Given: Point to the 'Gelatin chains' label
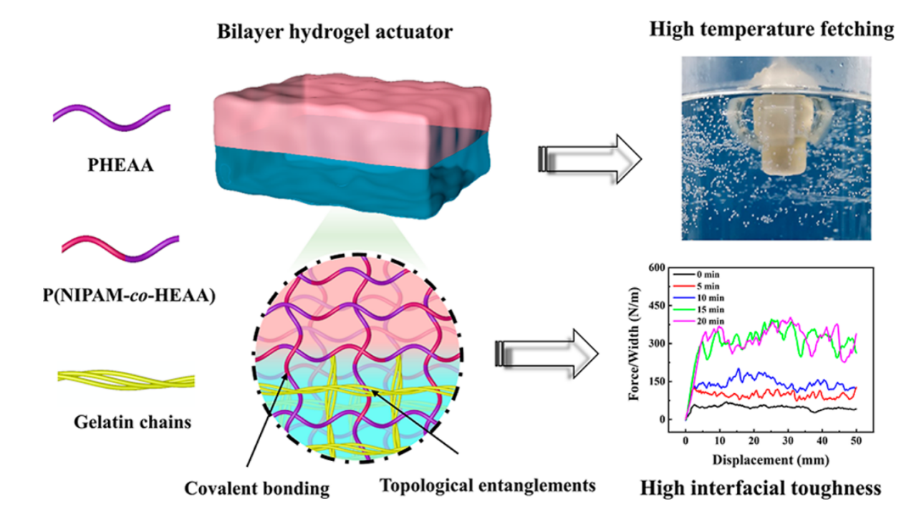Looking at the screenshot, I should (133, 422).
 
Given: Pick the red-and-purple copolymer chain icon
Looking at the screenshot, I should (112, 247).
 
